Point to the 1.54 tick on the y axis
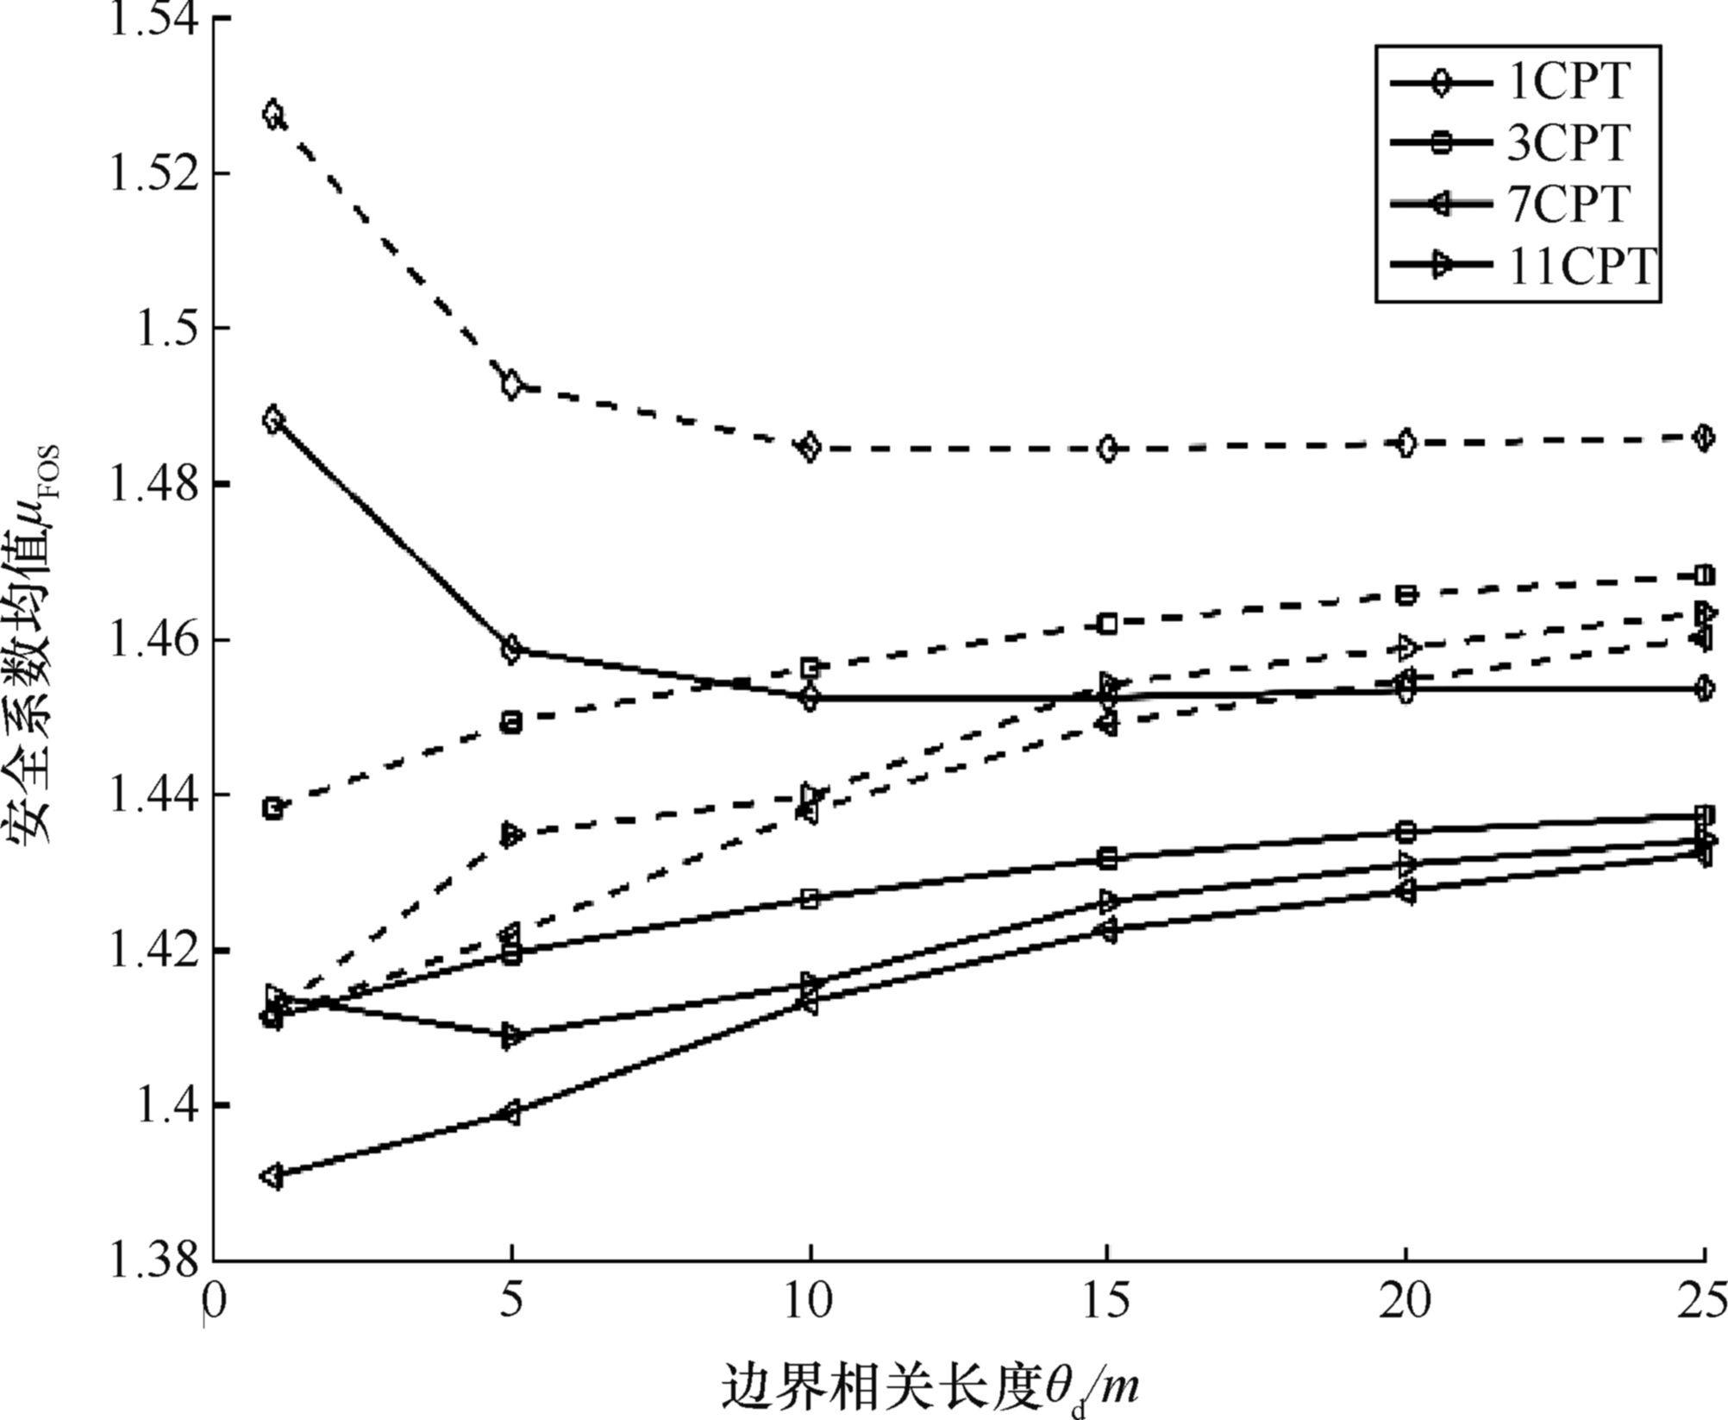(156, 19)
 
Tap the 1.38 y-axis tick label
(156, 1260)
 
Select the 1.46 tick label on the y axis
(156, 639)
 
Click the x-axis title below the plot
(931, 1385)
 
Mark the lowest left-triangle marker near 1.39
(272, 1177)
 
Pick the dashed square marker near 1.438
(273, 808)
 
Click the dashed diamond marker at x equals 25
(1703, 437)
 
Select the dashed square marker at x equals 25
(1704, 575)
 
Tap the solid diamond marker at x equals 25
(1703, 688)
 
